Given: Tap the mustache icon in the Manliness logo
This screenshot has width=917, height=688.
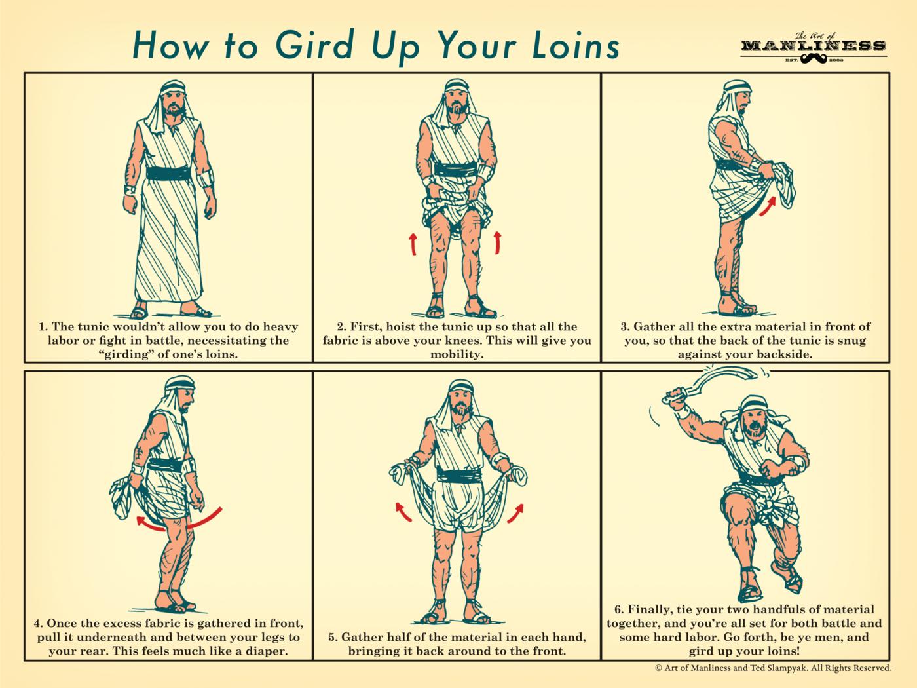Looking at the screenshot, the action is (814, 59).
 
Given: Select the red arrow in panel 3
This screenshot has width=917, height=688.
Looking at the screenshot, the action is (768, 206).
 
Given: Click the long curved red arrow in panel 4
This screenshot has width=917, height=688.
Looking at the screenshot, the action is (179, 522).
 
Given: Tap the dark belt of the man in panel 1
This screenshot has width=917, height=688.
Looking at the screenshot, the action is (168, 173).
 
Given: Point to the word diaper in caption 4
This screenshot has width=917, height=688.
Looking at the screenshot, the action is (266, 651).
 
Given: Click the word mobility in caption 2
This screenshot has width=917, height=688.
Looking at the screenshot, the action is (457, 354).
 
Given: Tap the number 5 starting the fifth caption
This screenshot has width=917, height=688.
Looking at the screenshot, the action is (332, 637).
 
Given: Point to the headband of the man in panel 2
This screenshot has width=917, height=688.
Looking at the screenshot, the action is (457, 87).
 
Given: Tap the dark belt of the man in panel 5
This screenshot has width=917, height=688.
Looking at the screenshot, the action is (458, 475).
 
